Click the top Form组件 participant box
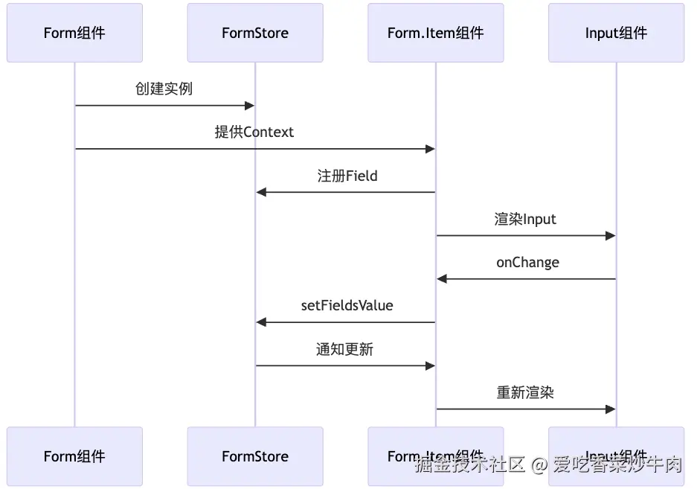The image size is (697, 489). click(x=74, y=33)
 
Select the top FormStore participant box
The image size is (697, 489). click(x=255, y=33)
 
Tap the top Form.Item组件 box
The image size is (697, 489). click(x=436, y=33)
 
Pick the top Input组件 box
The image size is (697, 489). click(x=616, y=33)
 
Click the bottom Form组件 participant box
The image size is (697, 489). click(x=74, y=456)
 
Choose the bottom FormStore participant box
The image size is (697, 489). click(x=255, y=456)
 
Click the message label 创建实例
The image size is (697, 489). click(x=164, y=89)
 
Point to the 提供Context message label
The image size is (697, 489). click(x=254, y=132)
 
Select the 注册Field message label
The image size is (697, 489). click(x=347, y=176)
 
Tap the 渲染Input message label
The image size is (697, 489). click(x=525, y=219)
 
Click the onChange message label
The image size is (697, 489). click(x=527, y=262)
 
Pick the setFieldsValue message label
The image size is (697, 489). click(x=347, y=305)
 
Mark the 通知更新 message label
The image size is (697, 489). click(x=344, y=349)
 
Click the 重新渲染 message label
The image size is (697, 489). click(x=525, y=392)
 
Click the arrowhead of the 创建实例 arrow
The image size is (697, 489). click(x=250, y=106)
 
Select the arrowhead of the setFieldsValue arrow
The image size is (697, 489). click(x=261, y=322)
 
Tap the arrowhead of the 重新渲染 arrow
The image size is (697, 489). click(x=611, y=409)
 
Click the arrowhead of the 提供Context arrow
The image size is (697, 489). click(x=430, y=149)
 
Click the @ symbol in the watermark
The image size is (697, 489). click(x=539, y=466)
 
